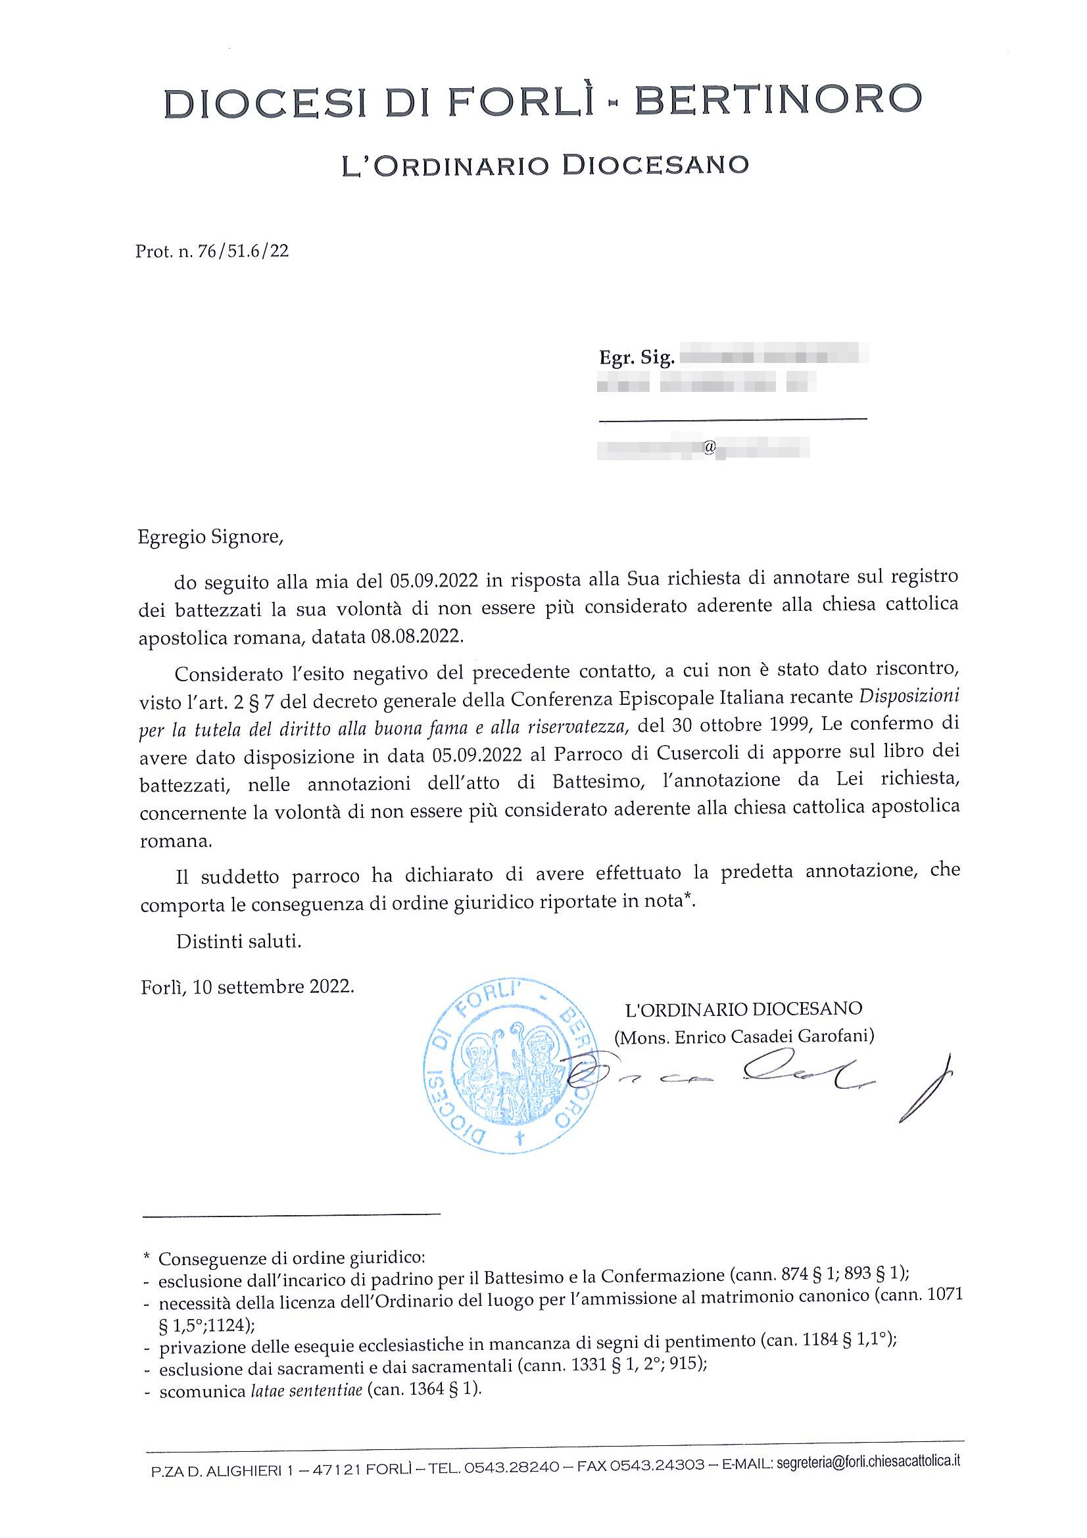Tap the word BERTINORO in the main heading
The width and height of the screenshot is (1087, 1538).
click(777, 99)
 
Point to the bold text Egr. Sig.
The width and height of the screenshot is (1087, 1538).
click(637, 358)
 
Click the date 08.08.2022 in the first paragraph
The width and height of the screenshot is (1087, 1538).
click(416, 636)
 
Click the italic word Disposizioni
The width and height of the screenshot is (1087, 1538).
click(909, 695)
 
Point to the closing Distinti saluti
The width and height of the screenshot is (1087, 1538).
click(239, 941)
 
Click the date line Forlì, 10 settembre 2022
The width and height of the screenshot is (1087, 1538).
click(247, 987)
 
